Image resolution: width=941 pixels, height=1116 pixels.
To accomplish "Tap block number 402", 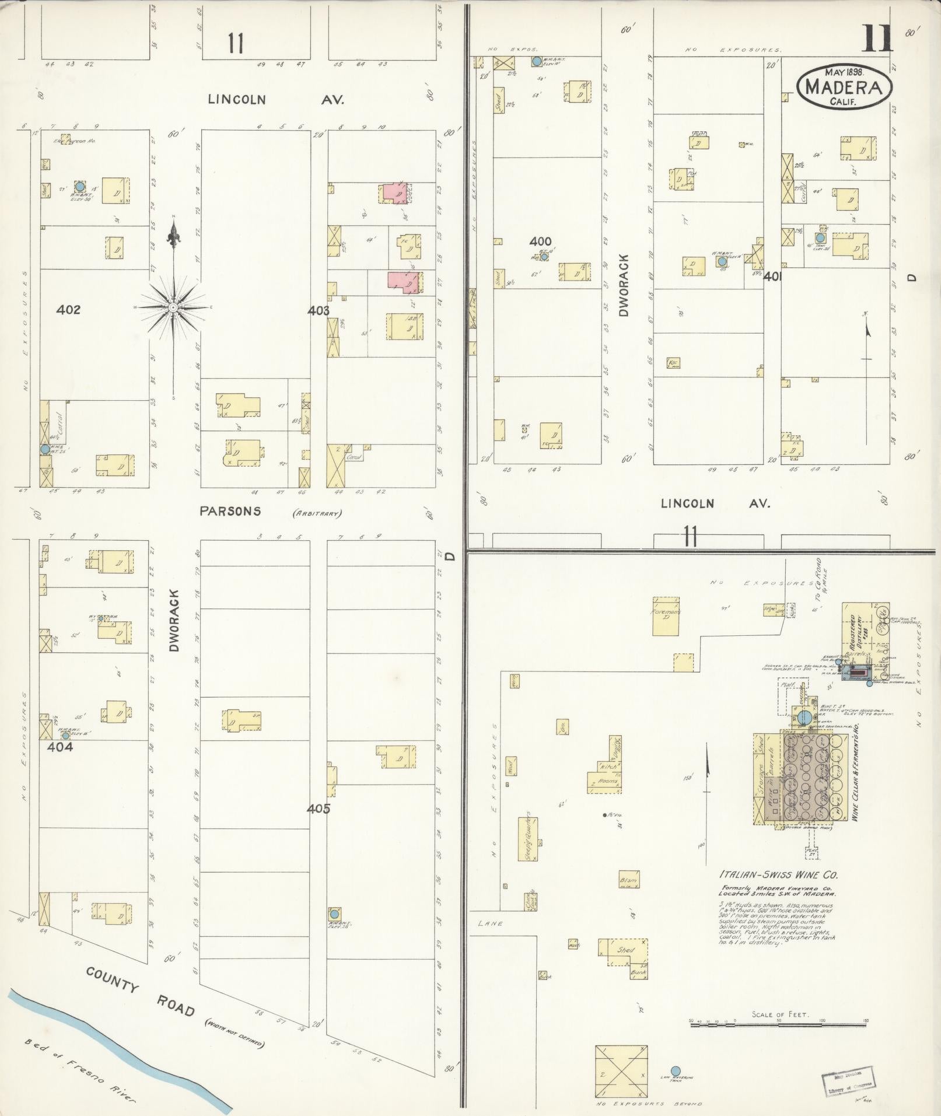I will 68,310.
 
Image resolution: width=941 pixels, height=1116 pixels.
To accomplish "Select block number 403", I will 319,310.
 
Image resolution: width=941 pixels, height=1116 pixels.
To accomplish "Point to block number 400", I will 540,241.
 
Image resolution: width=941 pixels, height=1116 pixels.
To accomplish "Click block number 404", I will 60,746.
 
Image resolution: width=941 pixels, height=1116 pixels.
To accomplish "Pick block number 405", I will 319,809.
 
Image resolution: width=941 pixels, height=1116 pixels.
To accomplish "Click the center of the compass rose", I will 173,307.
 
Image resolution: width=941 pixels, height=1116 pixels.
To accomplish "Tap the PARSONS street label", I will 230,511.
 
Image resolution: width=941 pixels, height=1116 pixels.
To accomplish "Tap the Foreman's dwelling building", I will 666,616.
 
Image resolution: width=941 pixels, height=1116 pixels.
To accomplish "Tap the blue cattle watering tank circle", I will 676,1070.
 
